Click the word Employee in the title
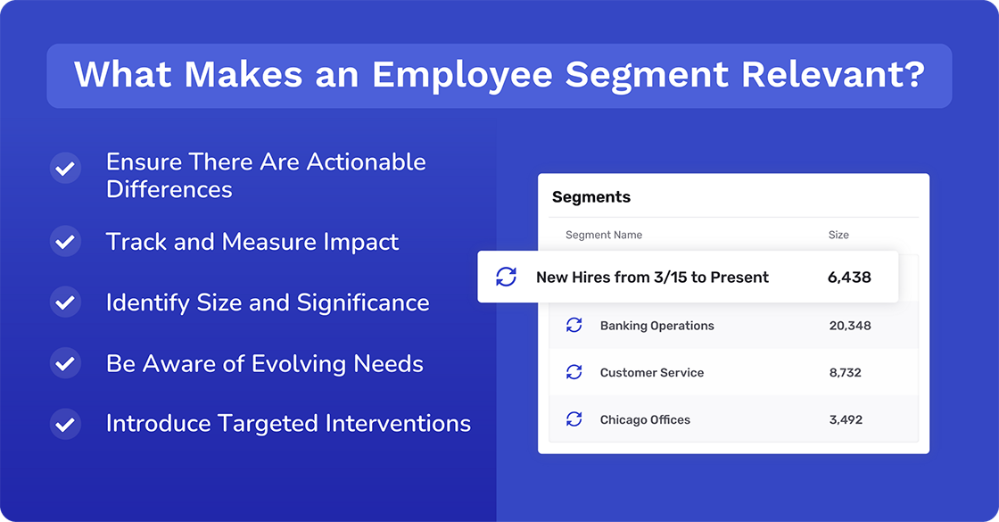465,75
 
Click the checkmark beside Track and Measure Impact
65,242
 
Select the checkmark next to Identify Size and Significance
65,302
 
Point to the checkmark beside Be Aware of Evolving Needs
65,364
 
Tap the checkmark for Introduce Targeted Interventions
65,423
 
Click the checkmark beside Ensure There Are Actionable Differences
65,168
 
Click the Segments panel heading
591,197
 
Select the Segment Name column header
604,235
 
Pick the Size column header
838,235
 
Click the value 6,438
849,277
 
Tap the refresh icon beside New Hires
507,277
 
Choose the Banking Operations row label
657,326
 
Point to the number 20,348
850,326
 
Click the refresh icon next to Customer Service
574,372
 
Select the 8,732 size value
846,372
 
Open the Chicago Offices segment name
645,419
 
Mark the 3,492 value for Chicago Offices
846,419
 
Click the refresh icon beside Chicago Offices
574,419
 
